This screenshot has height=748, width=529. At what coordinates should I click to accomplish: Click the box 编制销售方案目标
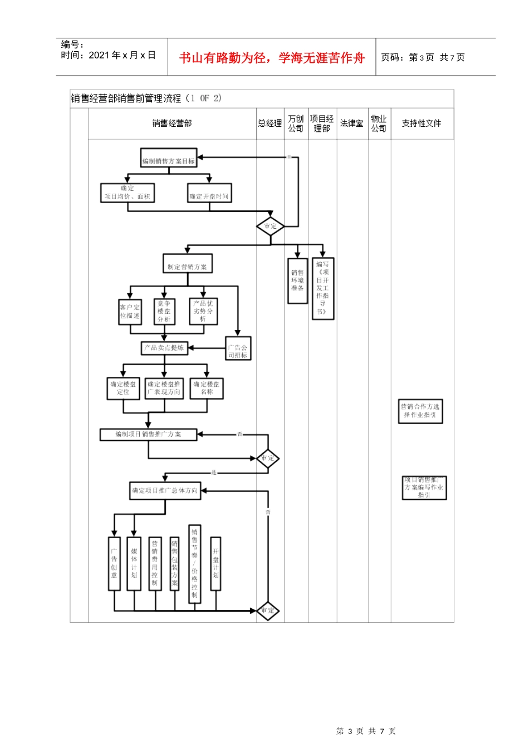tap(169, 161)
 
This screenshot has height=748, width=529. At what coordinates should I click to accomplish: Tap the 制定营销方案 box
tap(187, 267)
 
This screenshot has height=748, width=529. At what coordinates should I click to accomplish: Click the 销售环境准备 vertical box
tap(297, 280)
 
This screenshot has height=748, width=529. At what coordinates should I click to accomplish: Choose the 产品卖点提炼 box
tap(164, 348)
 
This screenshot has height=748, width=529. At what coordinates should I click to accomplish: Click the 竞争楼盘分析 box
tap(164, 312)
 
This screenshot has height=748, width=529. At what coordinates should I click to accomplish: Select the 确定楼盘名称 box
tap(207, 388)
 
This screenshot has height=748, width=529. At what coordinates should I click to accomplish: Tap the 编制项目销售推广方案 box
tap(148, 434)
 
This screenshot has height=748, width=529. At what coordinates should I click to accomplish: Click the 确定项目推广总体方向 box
tap(165, 490)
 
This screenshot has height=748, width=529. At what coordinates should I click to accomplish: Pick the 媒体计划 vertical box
tap(134, 563)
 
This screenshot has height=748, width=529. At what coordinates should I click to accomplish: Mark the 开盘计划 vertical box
tap(215, 563)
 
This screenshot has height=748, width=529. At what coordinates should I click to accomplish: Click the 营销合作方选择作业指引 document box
tap(420, 411)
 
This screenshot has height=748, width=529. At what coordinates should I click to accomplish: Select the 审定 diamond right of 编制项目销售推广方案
tap(268, 459)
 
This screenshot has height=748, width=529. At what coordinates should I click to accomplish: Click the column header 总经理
tap(270, 124)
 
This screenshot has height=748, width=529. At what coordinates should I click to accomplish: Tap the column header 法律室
tap(352, 124)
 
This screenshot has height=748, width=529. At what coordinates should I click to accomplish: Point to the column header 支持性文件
tap(422, 124)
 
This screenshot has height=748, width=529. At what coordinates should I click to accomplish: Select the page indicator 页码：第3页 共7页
tap(423, 57)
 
